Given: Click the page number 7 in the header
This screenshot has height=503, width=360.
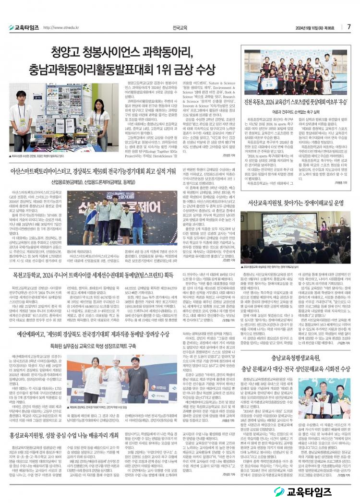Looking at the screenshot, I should point(349,26).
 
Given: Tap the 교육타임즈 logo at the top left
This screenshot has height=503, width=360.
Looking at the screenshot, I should point(24,27).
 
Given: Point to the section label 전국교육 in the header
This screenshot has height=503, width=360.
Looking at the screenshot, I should point(180,27).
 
